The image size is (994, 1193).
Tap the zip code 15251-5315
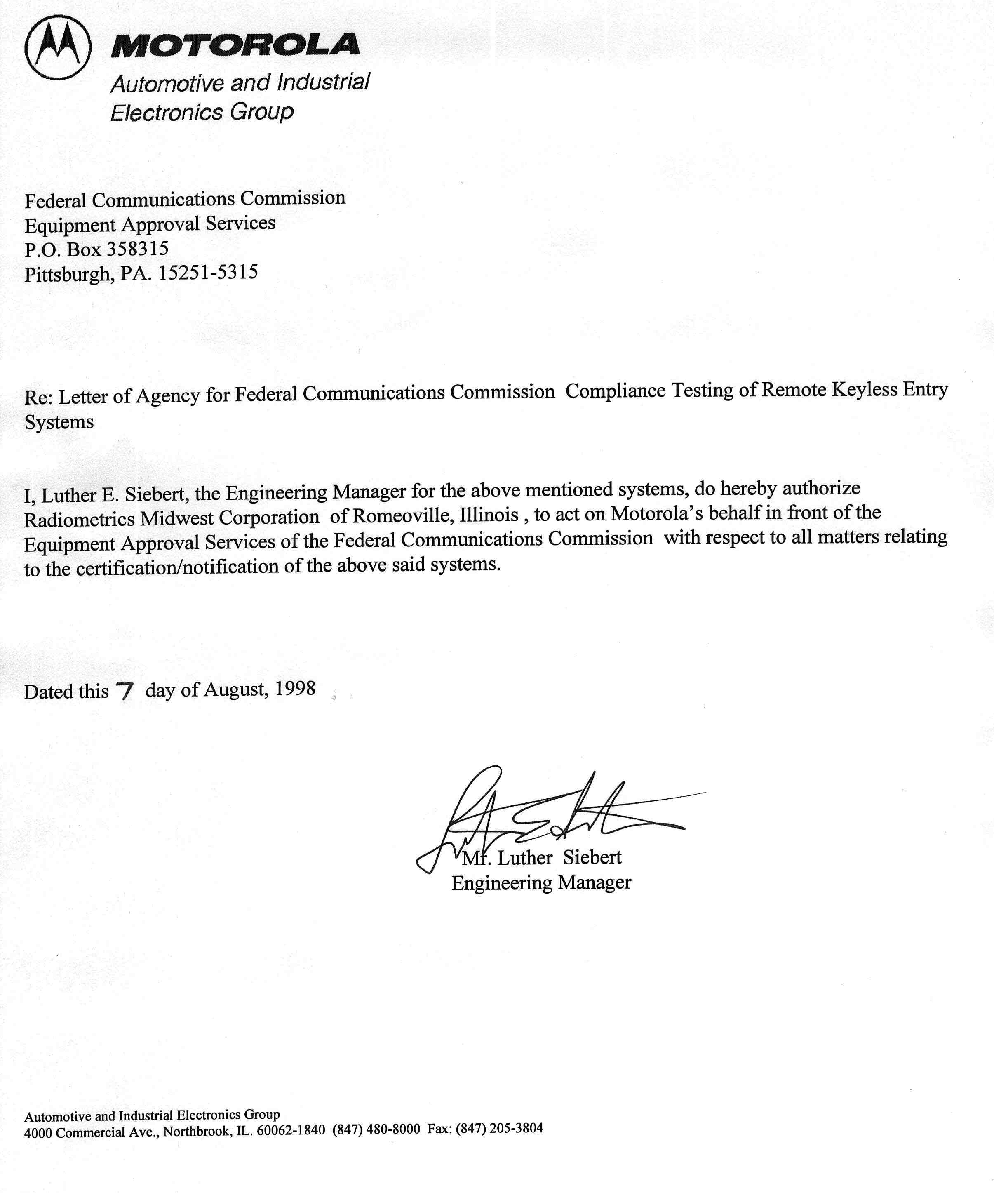click(x=208, y=273)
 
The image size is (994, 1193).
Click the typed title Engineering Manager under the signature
click(x=541, y=882)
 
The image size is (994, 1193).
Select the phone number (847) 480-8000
click(x=376, y=1129)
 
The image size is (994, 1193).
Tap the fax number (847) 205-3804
click(x=499, y=1128)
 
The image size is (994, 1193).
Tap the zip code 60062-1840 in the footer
click(x=291, y=1130)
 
